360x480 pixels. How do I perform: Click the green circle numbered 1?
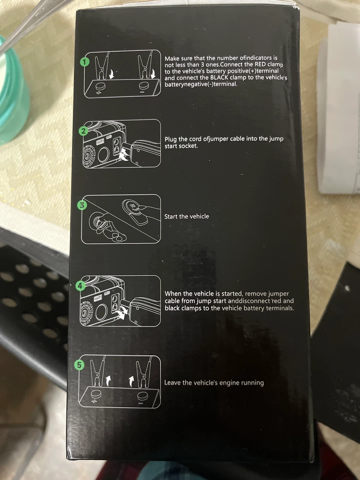[x=85, y=62]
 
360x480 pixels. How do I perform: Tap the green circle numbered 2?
[x=83, y=131]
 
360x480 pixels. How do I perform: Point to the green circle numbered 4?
[x=80, y=286]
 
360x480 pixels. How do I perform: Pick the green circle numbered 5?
[x=79, y=365]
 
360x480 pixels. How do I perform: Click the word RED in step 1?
[x=260, y=65]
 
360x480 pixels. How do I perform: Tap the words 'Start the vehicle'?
[x=187, y=216]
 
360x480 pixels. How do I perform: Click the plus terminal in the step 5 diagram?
[x=96, y=394]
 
